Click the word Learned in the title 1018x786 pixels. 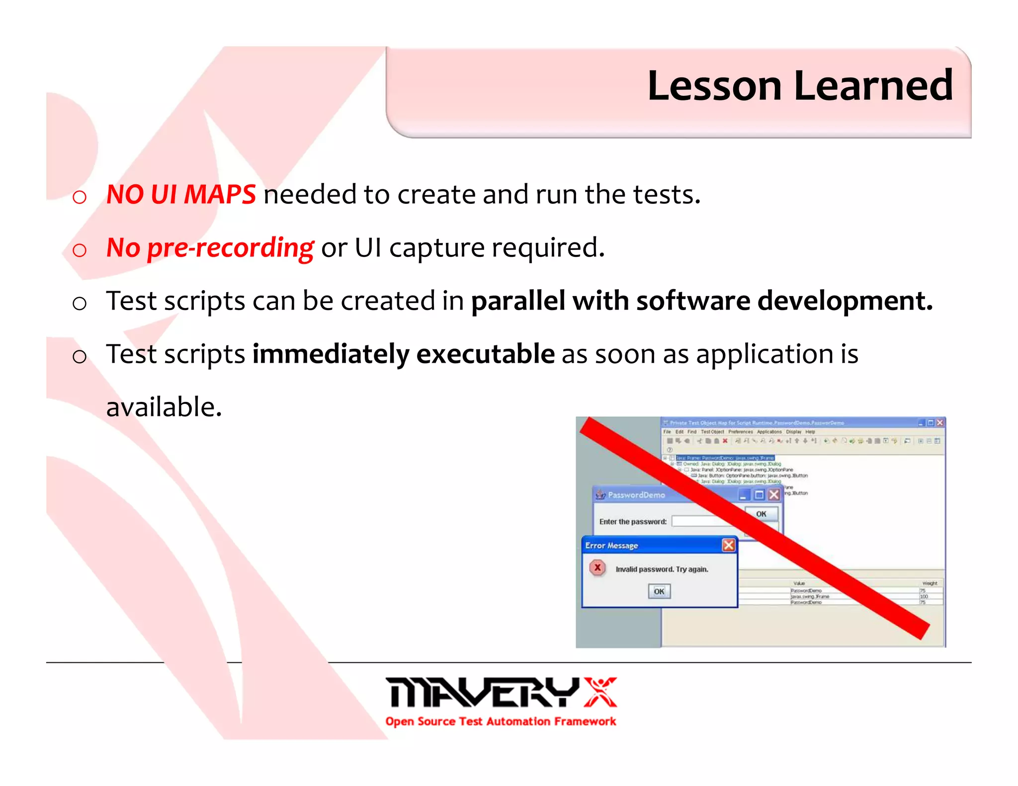click(x=873, y=86)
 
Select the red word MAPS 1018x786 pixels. click(x=220, y=194)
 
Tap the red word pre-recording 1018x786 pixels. click(x=231, y=248)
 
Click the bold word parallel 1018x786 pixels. click(x=517, y=301)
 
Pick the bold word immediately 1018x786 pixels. click(x=331, y=354)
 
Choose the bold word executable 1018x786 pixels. click(x=485, y=354)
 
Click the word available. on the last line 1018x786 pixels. click(x=164, y=407)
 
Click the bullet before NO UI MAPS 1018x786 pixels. click(x=80, y=197)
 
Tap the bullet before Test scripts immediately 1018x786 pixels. click(x=80, y=356)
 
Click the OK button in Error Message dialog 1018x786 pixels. click(x=659, y=591)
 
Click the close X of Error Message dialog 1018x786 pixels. click(x=728, y=545)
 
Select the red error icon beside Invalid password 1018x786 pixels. click(x=597, y=567)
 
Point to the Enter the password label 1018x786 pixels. click(x=632, y=522)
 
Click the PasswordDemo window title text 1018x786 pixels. click(x=636, y=495)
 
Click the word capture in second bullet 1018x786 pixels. click(x=436, y=248)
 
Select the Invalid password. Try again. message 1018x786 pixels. click(x=662, y=569)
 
